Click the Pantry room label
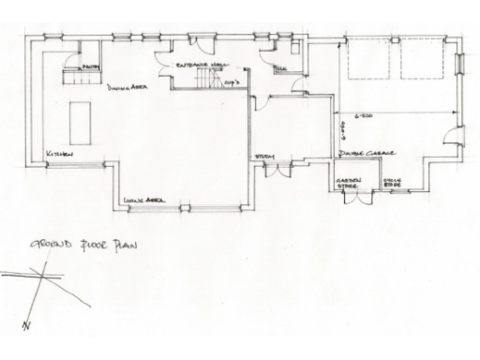(x=90, y=67)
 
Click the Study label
(x=264, y=157)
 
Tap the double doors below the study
(x=277, y=170)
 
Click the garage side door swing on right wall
(x=452, y=137)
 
